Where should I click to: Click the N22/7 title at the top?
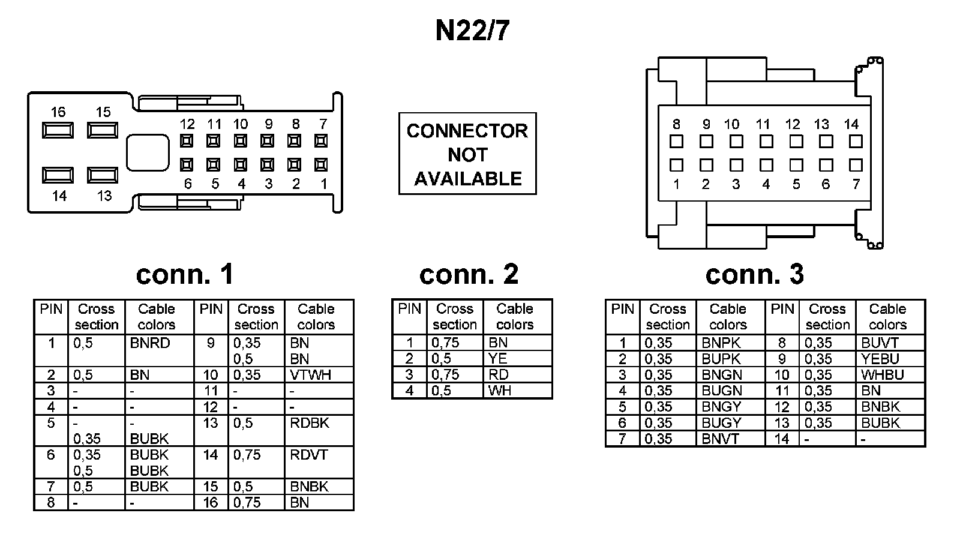472,31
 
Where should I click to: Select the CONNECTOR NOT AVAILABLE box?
467,154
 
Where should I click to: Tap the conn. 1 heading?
185,274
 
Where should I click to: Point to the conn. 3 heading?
754,274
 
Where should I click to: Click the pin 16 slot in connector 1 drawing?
58,130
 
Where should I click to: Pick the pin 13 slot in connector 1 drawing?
103,175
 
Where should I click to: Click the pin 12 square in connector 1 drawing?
187,141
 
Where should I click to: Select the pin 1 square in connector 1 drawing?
321,164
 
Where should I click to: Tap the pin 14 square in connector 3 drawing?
856,142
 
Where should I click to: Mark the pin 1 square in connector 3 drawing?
676,165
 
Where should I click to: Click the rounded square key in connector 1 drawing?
148,153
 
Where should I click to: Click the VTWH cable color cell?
319,374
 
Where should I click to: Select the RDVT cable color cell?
319,463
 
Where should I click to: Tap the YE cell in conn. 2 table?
518,358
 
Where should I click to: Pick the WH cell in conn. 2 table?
518,391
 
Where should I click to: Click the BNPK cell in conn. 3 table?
731,343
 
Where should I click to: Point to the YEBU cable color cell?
890,359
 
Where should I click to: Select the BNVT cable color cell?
731,439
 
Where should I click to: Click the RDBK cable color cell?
319,431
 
